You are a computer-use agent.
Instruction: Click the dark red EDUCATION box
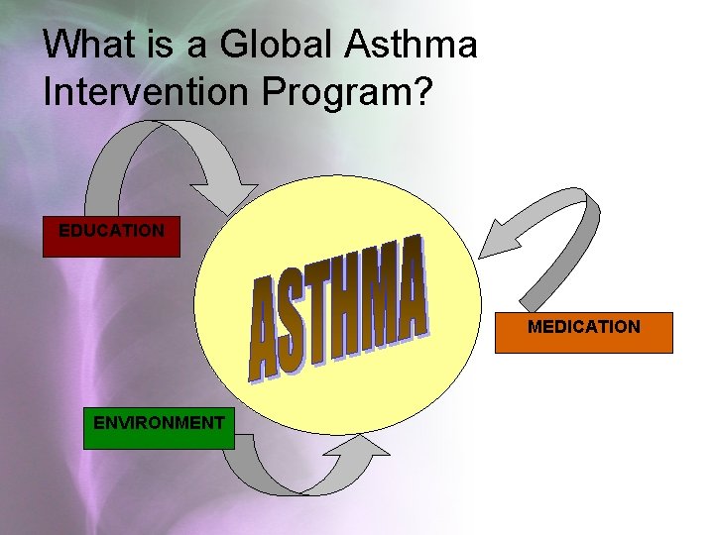[111, 237]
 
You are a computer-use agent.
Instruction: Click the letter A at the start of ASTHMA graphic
[265, 328]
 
